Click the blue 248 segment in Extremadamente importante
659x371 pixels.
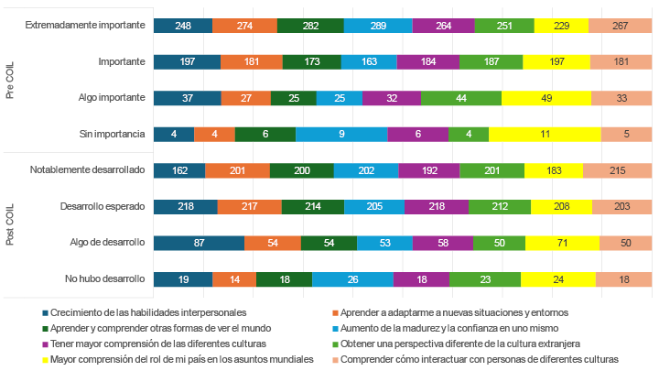[182, 26]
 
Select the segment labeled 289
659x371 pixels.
[378, 26]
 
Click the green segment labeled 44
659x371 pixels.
[460, 98]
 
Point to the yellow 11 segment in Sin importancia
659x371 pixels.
[544, 134]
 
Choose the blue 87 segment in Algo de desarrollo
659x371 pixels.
[199, 243]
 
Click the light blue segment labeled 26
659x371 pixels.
[353, 278]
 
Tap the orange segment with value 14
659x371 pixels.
[234, 278]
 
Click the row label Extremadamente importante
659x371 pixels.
[86, 26]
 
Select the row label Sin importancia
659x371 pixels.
[113, 134]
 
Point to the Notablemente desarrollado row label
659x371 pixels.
[87, 170]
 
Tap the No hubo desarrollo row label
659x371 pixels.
[105, 278]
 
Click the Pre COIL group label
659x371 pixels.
[10, 81]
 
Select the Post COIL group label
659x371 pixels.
[10, 224]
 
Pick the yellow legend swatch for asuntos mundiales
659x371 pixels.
[45, 359]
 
